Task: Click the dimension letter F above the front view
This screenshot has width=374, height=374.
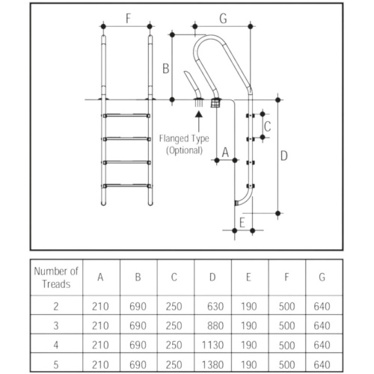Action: (128, 19)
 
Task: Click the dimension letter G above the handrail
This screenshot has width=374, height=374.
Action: (223, 19)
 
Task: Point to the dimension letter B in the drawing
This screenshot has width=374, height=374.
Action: (166, 69)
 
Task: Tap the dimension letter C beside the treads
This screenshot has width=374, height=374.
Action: (267, 126)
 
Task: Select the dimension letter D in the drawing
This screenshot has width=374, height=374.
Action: (284, 156)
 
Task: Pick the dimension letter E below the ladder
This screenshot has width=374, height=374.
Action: (242, 223)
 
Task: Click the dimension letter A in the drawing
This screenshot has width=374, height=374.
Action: (225, 153)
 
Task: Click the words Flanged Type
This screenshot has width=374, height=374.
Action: (184, 138)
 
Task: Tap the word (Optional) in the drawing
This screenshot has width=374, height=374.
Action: (184, 150)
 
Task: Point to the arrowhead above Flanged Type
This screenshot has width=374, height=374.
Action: (199, 114)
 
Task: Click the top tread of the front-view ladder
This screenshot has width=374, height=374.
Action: (126, 115)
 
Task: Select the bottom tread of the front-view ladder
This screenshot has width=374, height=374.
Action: (126, 186)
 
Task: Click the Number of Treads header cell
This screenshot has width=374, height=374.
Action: (56, 278)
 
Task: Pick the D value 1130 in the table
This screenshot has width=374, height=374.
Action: (212, 345)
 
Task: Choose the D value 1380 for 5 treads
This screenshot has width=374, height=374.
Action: (212, 365)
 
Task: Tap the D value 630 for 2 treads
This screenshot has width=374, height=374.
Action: (215, 306)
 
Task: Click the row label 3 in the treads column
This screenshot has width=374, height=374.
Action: (56, 325)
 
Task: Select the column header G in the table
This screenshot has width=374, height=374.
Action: (322, 277)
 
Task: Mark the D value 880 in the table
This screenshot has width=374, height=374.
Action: (215, 325)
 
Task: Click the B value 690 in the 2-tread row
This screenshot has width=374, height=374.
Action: (138, 306)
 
